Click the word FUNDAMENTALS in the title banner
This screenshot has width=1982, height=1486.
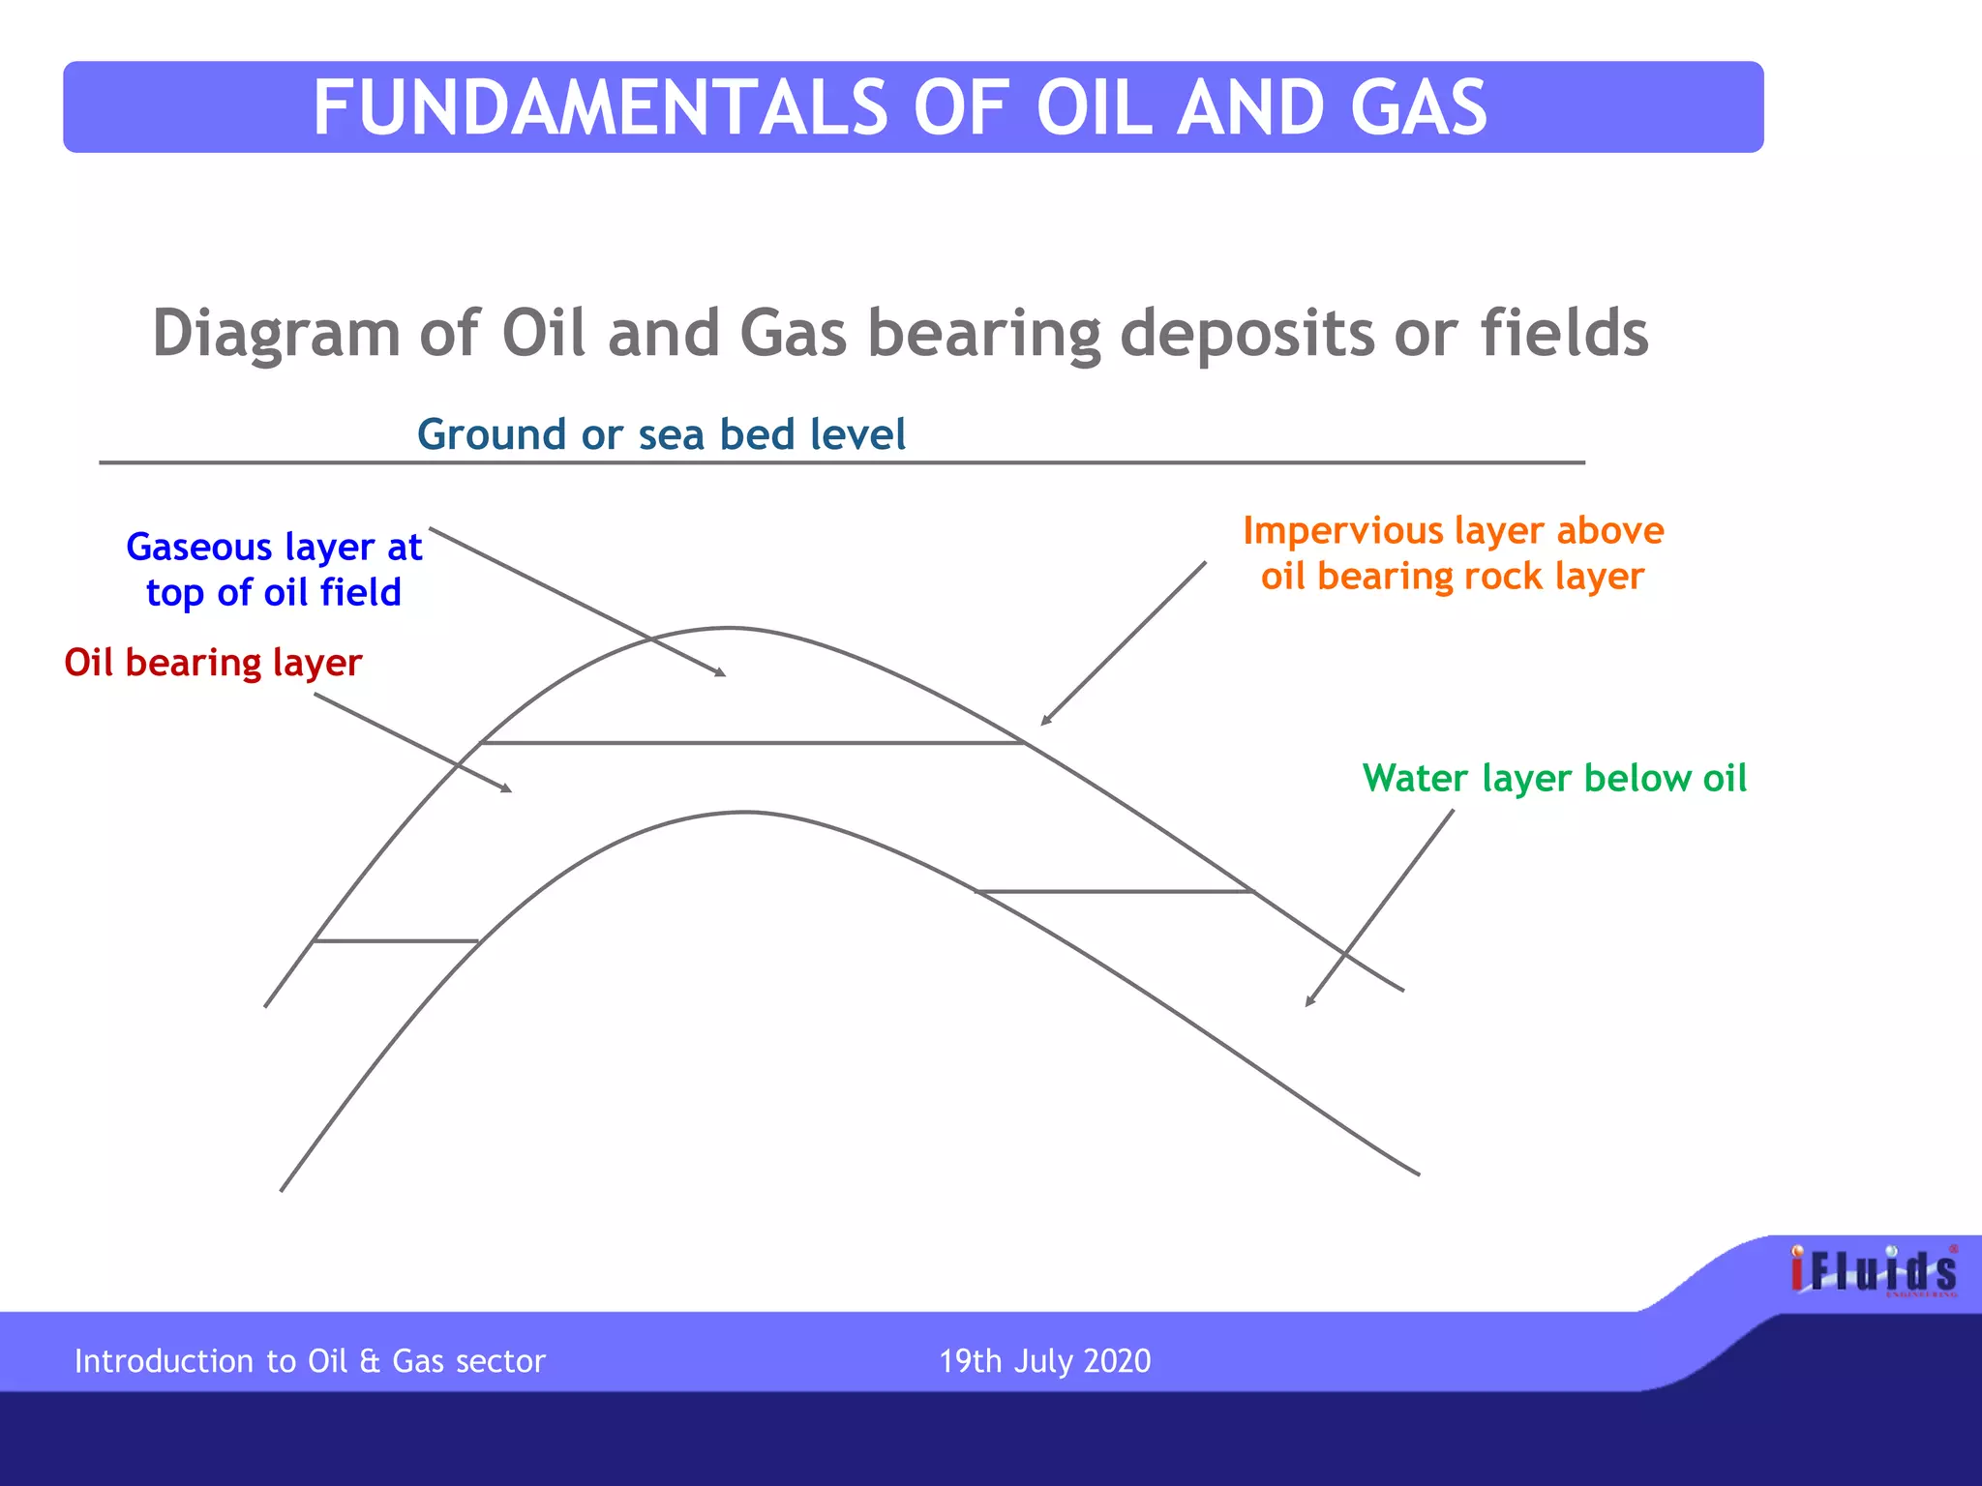point(600,107)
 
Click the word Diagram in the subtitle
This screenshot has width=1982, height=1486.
point(276,334)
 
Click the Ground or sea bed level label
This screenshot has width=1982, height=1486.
point(661,434)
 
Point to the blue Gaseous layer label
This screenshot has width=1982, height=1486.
point(274,570)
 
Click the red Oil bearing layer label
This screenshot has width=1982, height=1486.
point(213,663)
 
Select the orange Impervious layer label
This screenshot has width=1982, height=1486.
point(1453,553)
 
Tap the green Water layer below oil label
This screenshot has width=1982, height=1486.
point(1554,778)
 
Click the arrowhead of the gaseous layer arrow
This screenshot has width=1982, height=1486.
point(721,673)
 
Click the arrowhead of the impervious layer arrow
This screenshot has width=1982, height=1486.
point(1045,721)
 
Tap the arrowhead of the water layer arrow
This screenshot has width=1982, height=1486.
point(1309,1001)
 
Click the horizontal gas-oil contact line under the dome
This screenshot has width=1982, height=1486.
point(753,743)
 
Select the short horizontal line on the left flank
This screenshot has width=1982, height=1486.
point(396,940)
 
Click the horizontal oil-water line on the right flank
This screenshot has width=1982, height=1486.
point(1113,891)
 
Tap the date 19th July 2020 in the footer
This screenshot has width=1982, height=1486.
point(1044,1361)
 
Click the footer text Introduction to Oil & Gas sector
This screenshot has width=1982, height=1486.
point(310,1361)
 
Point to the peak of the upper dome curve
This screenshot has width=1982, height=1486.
point(731,628)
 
